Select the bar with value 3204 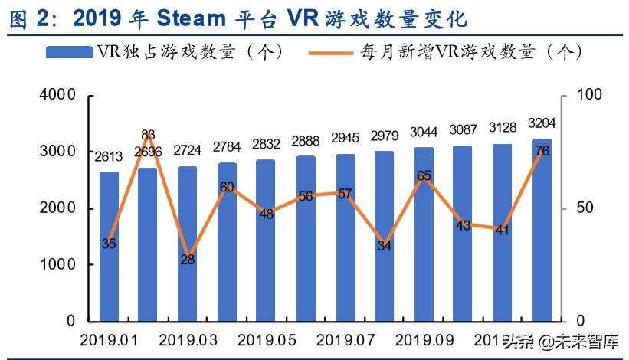point(542,230)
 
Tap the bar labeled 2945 point(345,237)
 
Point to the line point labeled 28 point(188,257)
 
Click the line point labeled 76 point(542,149)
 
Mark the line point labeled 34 point(385,244)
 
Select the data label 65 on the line point(424,175)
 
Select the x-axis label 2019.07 point(343,339)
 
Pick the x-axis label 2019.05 point(265,339)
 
